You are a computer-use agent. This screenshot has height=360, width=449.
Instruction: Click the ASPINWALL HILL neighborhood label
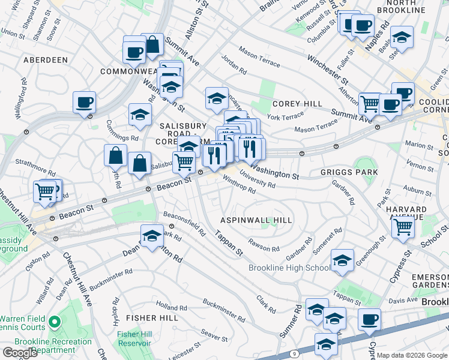[x=256, y=220]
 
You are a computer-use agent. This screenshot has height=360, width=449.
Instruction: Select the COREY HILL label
[x=298, y=104]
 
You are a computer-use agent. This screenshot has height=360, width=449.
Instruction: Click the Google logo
[x=20, y=353]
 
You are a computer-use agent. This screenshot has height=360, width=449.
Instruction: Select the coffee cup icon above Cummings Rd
[x=85, y=101]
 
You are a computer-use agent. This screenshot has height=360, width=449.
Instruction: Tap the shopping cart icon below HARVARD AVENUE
[x=403, y=226]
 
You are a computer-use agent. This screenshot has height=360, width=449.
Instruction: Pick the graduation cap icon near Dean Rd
[x=152, y=236]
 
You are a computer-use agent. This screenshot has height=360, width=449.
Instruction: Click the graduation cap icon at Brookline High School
[x=342, y=259]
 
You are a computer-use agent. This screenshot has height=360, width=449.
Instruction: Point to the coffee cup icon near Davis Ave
[x=370, y=319]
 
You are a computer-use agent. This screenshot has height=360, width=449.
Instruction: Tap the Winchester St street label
[x=328, y=69]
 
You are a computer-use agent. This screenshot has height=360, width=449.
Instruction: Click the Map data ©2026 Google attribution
[x=412, y=355]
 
